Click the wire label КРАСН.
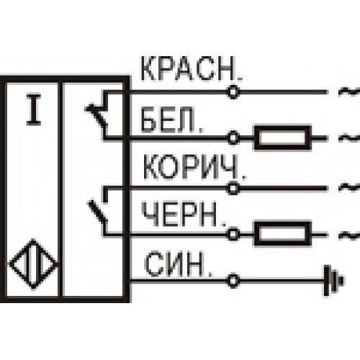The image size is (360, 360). (x=192, y=69)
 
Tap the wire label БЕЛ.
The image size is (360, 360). (x=172, y=120)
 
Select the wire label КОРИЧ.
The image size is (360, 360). (x=194, y=167)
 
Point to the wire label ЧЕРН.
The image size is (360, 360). (x=184, y=214)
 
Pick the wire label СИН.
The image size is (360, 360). (x=179, y=264)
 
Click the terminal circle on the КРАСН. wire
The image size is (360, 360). (x=233, y=91)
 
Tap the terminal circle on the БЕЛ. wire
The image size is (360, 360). (x=233, y=138)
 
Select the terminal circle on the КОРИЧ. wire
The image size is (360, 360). (x=233, y=188)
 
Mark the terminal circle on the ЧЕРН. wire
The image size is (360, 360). (x=233, y=234)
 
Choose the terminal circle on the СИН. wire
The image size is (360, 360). (x=233, y=280)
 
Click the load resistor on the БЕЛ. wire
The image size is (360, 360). (x=283, y=138)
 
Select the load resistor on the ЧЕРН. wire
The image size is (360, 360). (x=283, y=234)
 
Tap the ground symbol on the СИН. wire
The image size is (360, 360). (x=333, y=280)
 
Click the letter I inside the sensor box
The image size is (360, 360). (x=34, y=110)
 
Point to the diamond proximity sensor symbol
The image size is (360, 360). (x=33, y=264)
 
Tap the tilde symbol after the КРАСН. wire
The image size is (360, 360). (x=349, y=92)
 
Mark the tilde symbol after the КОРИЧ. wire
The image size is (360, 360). (x=350, y=186)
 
